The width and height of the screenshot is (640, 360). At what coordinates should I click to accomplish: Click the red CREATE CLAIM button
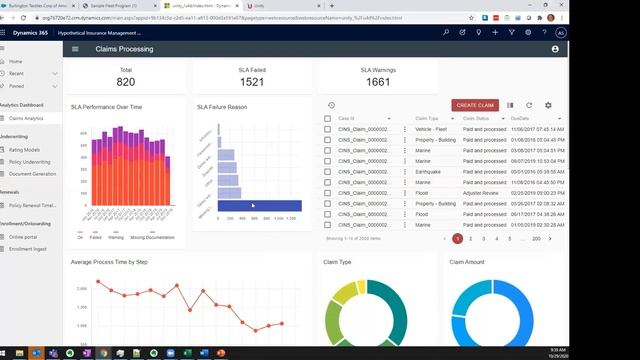(x=475, y=105)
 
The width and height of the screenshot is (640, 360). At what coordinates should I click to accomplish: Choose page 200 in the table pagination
(x=536, y=238)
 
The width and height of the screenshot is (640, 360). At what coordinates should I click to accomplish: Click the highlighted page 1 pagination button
(x=457, y=238)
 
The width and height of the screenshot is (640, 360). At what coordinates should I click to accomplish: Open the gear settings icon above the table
(x=548, y=105)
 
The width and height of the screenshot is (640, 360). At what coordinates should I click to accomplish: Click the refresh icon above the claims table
(x=529, y=105)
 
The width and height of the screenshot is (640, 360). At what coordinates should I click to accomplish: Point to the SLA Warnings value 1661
(x=378, y=82)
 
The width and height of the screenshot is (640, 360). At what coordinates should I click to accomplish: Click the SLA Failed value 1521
(x=252, y=82)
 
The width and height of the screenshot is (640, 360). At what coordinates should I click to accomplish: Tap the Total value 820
(x=126, y=82)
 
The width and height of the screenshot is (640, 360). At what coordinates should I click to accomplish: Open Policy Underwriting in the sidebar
(x=30, y=161)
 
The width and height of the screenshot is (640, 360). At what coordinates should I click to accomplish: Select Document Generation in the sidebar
(x=32, y=173)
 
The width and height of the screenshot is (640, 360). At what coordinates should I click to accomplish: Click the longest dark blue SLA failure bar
(x=259, y=205)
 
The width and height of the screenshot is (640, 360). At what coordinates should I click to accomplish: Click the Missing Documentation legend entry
(x=153, y=237)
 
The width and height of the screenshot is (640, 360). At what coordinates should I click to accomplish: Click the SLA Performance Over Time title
(x=106, y=106)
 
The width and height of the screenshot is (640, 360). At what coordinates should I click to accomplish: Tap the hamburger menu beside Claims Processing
(x=74, y=48)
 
